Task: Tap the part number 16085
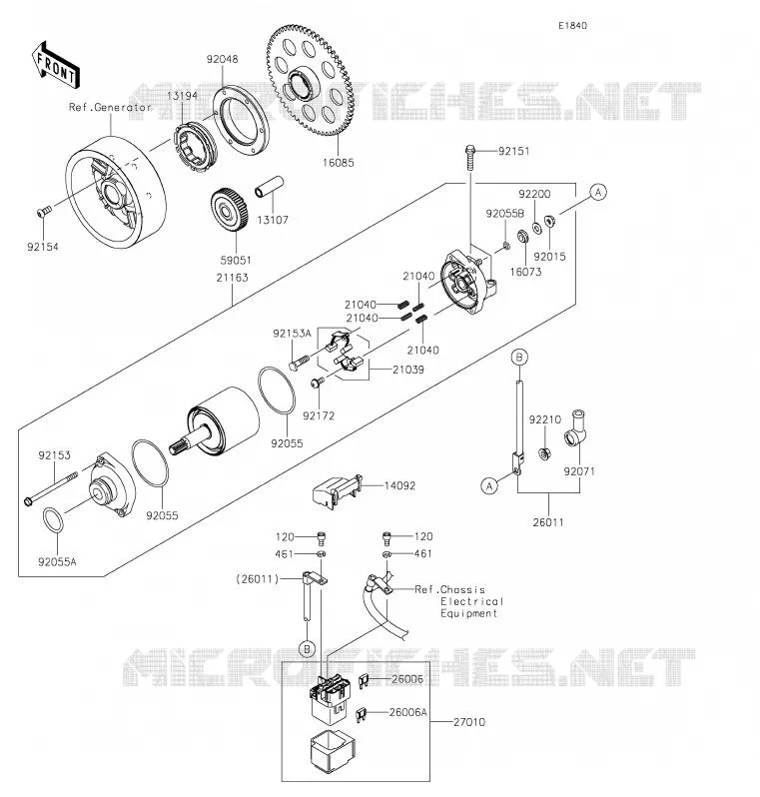click(339, 163)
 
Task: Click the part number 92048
click(222, 59)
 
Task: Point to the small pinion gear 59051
click(230, 210)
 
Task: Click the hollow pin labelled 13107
click(269, 187)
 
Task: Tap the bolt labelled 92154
click(44, 211)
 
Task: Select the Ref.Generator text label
click(110, 107)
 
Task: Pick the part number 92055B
click(504, 214)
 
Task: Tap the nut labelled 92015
click(549, 221)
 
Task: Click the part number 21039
click(408, 370)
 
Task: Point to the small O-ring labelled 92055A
click(53, 520)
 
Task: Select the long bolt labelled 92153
click(51, 488)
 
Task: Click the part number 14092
click(399, 485)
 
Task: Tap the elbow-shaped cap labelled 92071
click(576, 428)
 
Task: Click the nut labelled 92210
click(544, 453)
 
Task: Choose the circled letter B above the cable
click(519, 357)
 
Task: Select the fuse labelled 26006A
click(362, 715)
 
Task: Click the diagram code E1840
click(573, 25)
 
